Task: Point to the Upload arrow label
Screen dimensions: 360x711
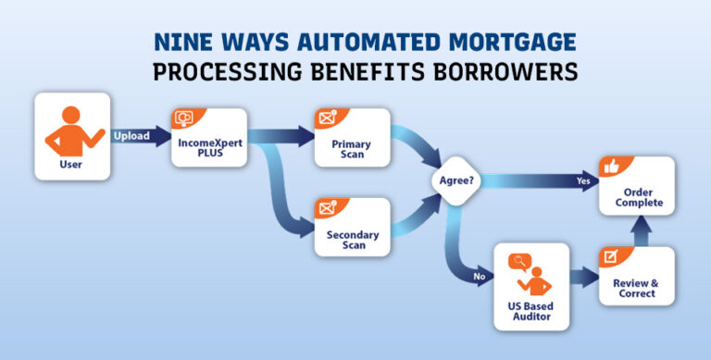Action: pyautogui.click(x=131, y=136)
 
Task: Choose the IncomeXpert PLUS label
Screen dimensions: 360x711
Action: pyautogui.click(x=210, y=151)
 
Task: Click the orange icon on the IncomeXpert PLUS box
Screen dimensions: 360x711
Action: pyautogui.click(x=184, y=119)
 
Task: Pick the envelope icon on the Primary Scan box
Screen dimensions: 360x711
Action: pyautogui.click(x=328, y=118)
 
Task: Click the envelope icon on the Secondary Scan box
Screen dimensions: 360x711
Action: pyautogui.click(x=328, y=208)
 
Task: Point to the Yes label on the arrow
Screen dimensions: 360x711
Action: pyautogui.click(x=583, y=181)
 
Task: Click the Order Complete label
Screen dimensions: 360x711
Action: pyautogui.click(x=637, y=197)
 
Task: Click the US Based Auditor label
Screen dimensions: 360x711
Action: pyautogui.click(x=530, y=311)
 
